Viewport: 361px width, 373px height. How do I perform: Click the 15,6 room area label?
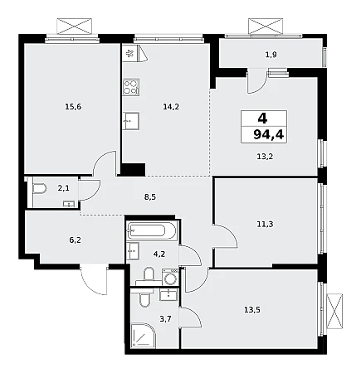tap(73, 106)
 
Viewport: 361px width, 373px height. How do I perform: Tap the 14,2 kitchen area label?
tap(171, 106)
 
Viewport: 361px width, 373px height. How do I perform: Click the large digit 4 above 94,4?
tap(262, 119)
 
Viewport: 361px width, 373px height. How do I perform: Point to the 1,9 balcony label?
tap(271, 55)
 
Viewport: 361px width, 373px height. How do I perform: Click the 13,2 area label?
tap(265, 157)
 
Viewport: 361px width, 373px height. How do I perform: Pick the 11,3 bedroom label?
tap(265, 224)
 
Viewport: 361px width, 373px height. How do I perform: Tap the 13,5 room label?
tap(252, 310)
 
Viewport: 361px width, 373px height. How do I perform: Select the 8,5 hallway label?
tap(150, 196)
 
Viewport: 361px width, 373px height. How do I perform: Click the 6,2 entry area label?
tap(75, 240)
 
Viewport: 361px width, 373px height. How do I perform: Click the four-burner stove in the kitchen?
tap(131, 87)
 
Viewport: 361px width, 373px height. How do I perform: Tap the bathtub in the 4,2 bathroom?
tap(150, 230)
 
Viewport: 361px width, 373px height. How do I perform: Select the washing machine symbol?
tap(170, 277)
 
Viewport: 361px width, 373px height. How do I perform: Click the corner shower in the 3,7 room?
tap(143, 335)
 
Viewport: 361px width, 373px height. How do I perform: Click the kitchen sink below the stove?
tap(131, 121)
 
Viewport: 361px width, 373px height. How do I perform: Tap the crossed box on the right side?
tap(334, 311)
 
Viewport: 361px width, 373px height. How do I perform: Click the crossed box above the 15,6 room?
tap(74, 27)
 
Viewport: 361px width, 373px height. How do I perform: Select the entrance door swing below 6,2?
tap(94, 279)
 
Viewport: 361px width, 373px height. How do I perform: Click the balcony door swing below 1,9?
tap(257, 81)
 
